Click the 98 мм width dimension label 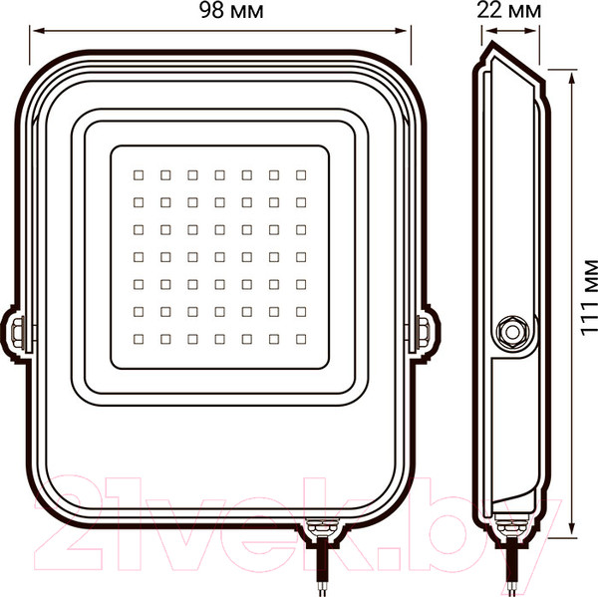point(231,11)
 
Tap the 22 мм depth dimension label point(508,11)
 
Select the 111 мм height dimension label point(589,298)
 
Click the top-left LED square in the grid point(139,175)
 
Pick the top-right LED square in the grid point(301,175)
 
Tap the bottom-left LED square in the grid point(139,339)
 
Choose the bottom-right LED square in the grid point(301,339)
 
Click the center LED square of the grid point(219,257)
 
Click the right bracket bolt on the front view point(423,331)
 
